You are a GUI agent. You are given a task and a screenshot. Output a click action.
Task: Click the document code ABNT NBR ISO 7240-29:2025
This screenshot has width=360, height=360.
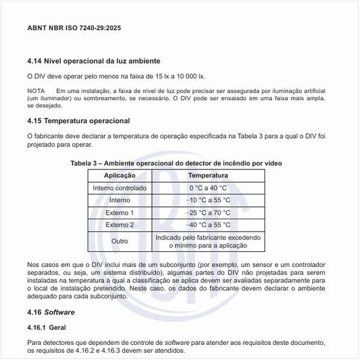pyautogui.click(x=74, y=28)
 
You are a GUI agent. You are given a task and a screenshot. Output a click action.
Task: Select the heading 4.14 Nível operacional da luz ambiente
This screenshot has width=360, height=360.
pyautogui.click(x=94, y=62)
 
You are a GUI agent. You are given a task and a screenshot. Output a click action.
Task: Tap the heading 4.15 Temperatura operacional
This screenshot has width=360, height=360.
pyautogui.click(x=79, y=120)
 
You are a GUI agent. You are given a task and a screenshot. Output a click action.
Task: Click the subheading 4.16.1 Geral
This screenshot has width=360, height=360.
pyautogui.click(x=46, y=327)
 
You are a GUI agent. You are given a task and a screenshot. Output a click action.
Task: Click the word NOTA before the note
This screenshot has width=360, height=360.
pyautogui.click(x=36, y=90)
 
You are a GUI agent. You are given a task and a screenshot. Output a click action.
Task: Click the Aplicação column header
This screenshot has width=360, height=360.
pyautogui.click(x=120, y=175)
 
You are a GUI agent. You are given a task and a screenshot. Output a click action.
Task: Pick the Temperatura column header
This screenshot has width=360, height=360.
pyautogui.click(x=208, y=175)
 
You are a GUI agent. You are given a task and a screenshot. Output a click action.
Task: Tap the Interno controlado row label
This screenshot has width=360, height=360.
pyautogui.click(x=120, y=188)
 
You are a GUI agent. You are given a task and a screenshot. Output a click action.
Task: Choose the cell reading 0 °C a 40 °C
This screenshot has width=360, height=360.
pyautogui.click(x=208, y=188)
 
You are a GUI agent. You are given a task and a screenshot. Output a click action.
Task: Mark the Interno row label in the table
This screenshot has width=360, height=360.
pyautogui.click(x=120, y=200)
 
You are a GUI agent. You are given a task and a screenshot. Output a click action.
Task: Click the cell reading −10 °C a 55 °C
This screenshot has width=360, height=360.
pyautogui.click(x=208, y=200)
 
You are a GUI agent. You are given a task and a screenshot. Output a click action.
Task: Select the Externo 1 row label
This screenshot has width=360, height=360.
pyautogui.click(x=120, y=213)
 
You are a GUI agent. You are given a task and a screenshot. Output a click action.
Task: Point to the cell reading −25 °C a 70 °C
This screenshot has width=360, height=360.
pyautogui.click(x=208, y=213)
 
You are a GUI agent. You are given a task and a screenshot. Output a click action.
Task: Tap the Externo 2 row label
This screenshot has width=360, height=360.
pyautogui.click(x=120, y=225)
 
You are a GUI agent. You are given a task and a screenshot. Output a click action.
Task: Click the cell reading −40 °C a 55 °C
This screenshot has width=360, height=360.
pyautogui.click(x=208, y=225)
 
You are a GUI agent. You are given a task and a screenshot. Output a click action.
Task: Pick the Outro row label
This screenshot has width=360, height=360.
pyautogui.click(x=120, y=242)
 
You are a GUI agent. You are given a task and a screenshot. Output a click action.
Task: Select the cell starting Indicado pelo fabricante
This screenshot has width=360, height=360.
pyautogui.click(x=208, y=242)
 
